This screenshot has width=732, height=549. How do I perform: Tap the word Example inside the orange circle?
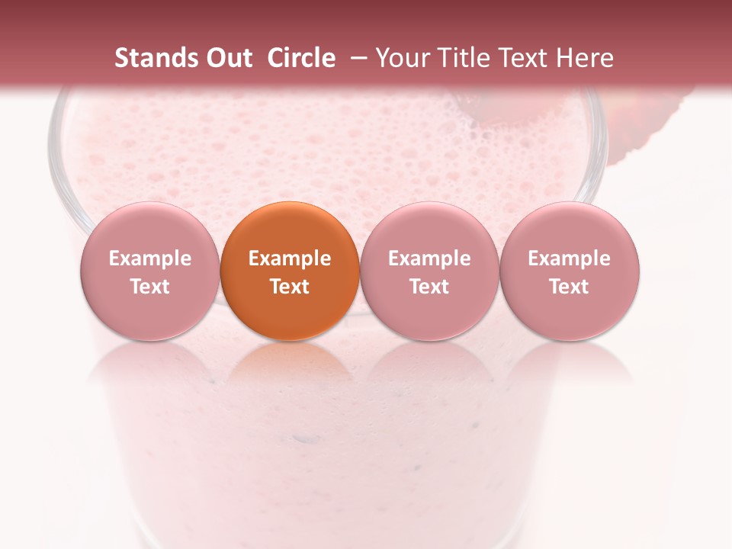(290, 259)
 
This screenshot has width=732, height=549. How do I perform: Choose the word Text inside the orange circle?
(290, 287)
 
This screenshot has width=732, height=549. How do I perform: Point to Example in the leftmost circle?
(150, 259)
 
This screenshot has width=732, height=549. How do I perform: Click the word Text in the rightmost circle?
(570, 287)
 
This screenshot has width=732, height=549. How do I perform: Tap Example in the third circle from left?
(429, 259)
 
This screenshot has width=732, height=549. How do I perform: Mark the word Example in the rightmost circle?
(570, 259)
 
